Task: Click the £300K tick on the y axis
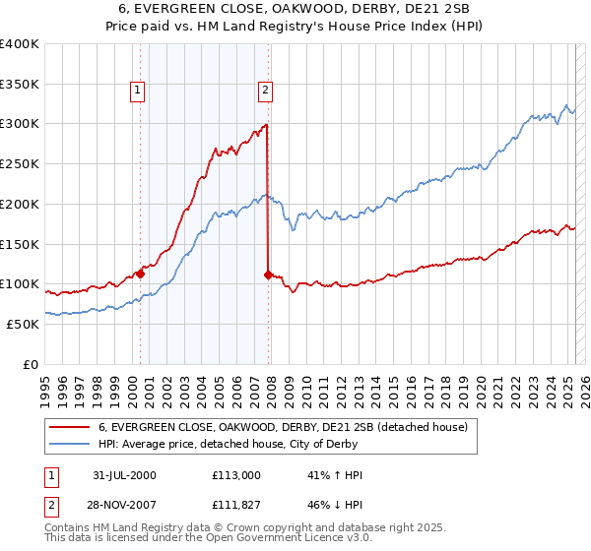(x=20, y=124)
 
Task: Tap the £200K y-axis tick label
(x=20, y=204)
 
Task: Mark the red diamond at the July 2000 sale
(x=140, y=275)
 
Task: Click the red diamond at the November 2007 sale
(x=268, y=275)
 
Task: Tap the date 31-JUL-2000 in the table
(x=124, y=474)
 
